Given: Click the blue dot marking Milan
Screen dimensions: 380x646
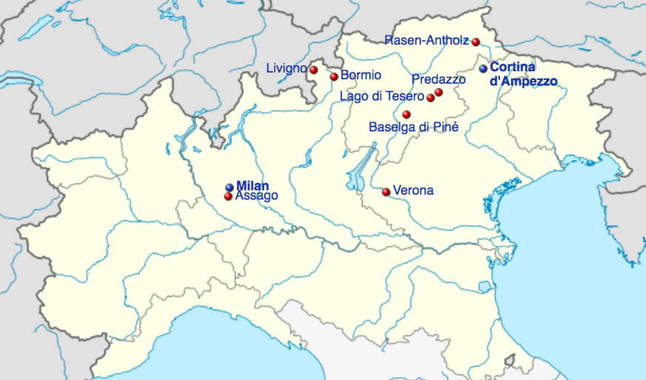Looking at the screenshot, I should point(229,187).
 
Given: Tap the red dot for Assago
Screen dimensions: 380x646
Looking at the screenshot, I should point(228,196).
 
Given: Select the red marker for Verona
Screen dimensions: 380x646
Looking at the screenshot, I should point(386,192).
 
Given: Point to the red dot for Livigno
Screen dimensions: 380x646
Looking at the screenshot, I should point(314,70).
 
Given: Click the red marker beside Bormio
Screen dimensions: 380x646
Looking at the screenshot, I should point(334,76).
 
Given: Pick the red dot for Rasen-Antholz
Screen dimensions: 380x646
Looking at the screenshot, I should point(476,41).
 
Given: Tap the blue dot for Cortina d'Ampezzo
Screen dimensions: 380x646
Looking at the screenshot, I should point(483,68).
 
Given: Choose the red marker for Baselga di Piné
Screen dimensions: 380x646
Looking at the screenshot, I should point(406,114).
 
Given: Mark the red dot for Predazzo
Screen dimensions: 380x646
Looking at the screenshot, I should point(439,92).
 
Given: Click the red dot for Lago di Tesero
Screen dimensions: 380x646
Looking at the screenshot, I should point(431,97).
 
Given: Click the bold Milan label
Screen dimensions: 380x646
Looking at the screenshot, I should point(252,186).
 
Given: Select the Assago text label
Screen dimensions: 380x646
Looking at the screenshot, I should point(256,196).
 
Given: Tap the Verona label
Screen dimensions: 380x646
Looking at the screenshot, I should point(413,190).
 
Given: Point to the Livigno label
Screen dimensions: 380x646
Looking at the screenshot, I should point(286,69).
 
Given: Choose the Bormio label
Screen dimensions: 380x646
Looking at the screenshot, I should point(361,75).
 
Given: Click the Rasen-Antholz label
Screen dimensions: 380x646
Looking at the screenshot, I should point(427,41).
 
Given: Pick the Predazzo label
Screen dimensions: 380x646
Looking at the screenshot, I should point(438,79).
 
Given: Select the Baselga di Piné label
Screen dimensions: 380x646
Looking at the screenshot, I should point(414,127).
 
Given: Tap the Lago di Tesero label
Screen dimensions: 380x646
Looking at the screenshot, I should point(382,96).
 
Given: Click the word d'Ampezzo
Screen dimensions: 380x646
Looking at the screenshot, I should point(523,81).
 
